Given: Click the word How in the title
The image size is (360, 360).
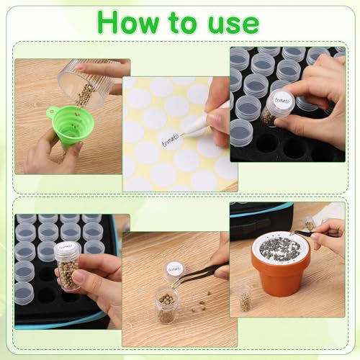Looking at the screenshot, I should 134,22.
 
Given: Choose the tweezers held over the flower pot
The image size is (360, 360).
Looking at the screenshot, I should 313,233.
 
